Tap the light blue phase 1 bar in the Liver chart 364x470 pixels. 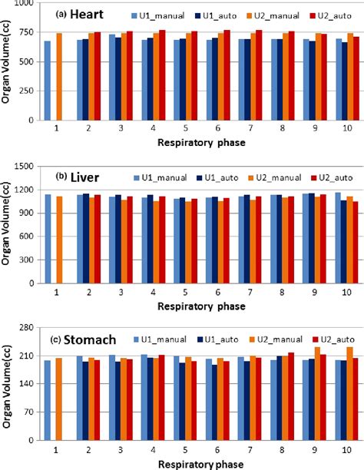point(48,238)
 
